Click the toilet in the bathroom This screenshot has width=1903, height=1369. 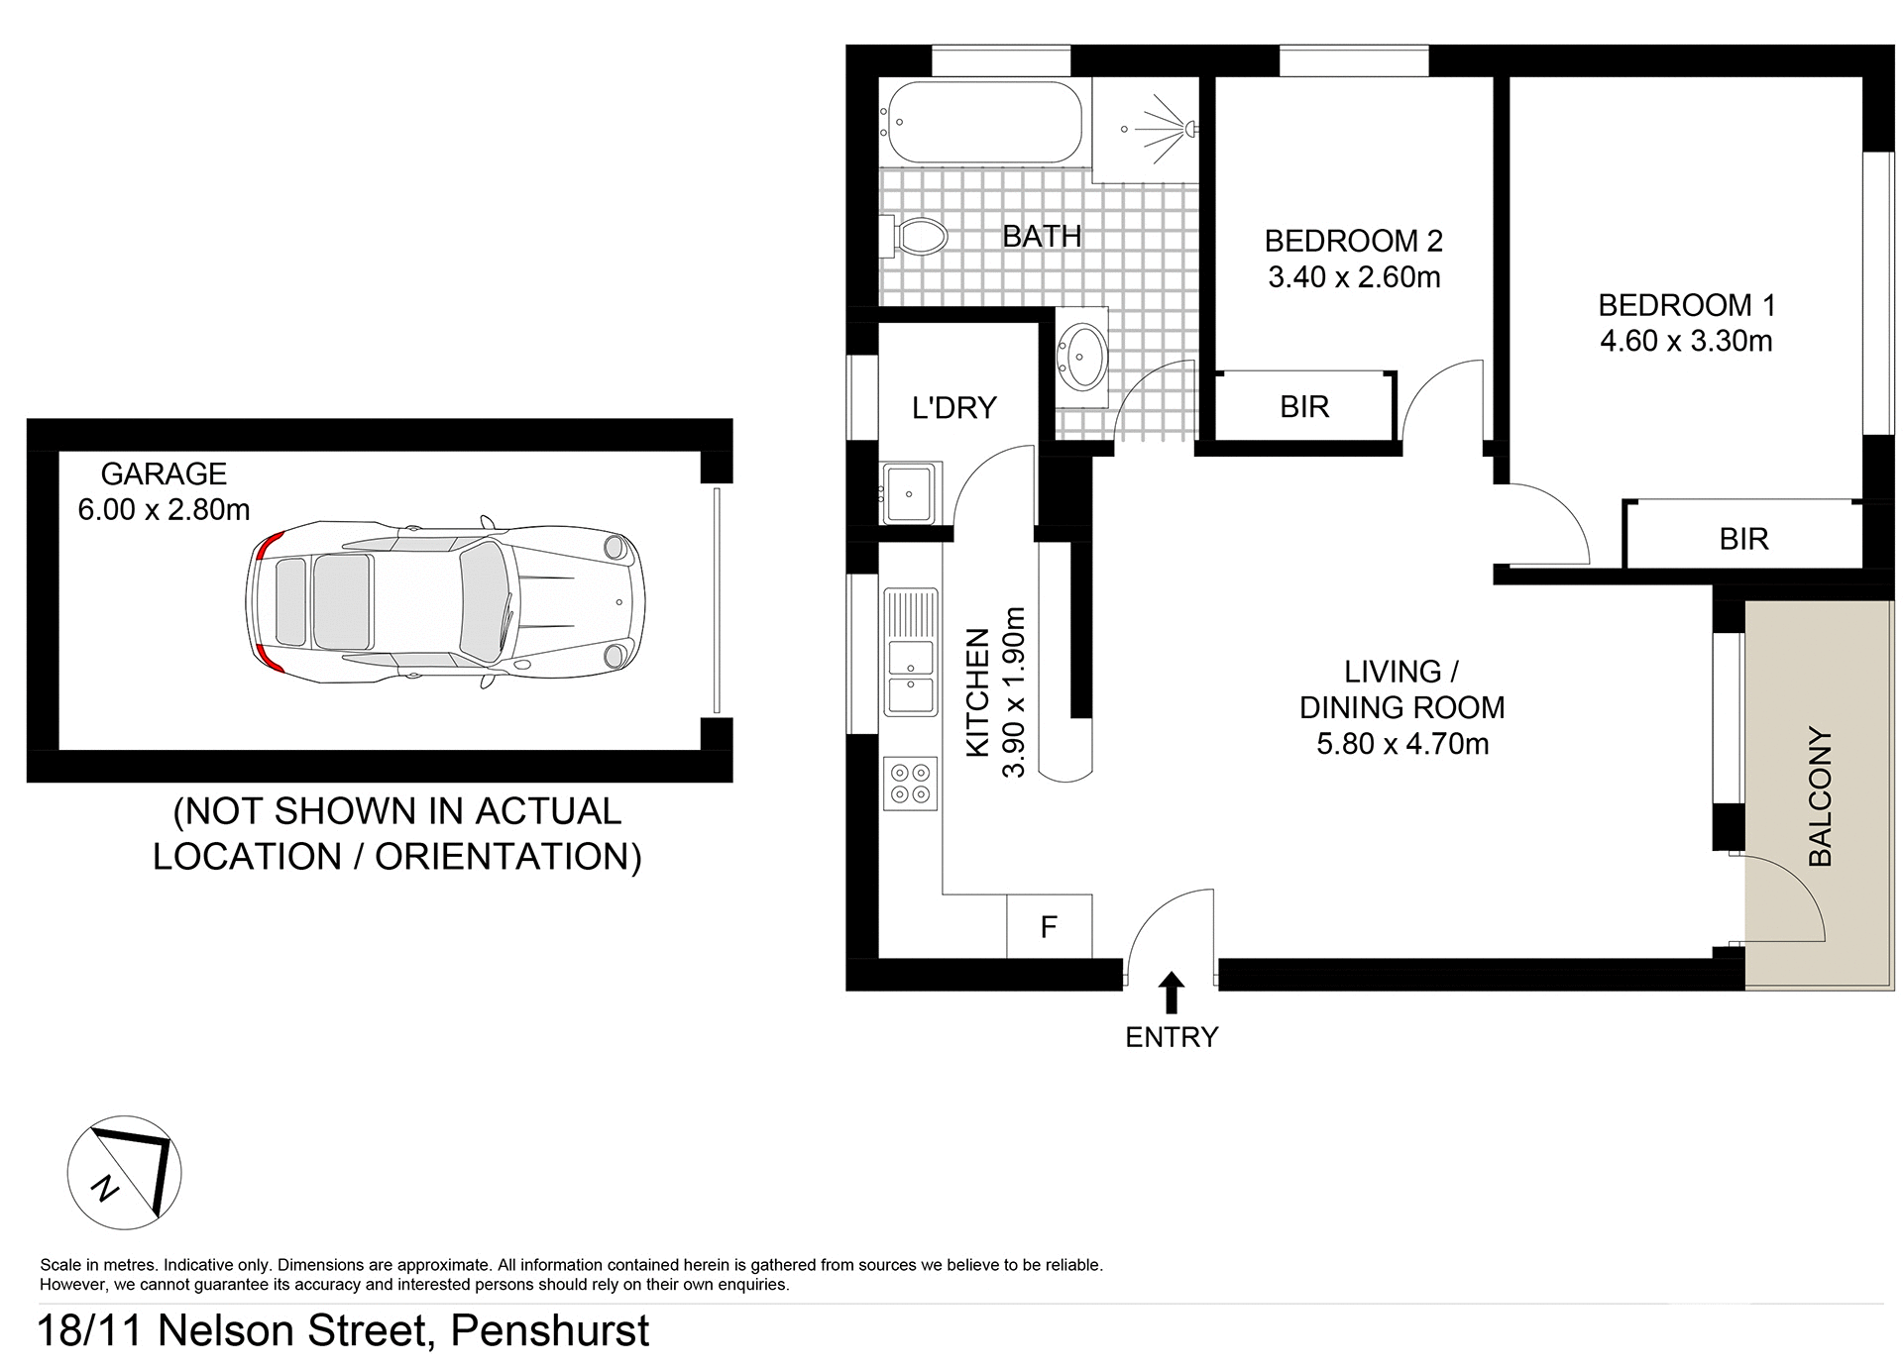point(918,236)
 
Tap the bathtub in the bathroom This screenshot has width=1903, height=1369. point(982,123)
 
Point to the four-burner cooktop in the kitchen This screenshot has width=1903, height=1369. point(910,783)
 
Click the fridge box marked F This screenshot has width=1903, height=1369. point(1049,927)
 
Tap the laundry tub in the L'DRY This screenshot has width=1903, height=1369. point(909,492)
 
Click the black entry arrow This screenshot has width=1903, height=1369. point(1172,992)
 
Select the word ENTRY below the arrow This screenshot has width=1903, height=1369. point(1172,1037)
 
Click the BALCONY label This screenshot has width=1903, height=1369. point(1820,796)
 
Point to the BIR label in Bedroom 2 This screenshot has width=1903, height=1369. point(1304,406)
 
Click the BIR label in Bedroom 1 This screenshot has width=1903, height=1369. point(1743,539)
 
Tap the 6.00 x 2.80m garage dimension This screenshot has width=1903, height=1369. point(164,509)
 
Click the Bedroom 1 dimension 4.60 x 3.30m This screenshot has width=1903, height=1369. point(1686,341)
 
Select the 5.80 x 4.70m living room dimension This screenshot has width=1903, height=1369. point(1401,743)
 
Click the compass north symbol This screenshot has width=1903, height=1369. point(124,1173)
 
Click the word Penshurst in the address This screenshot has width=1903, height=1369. point(550,1330)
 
